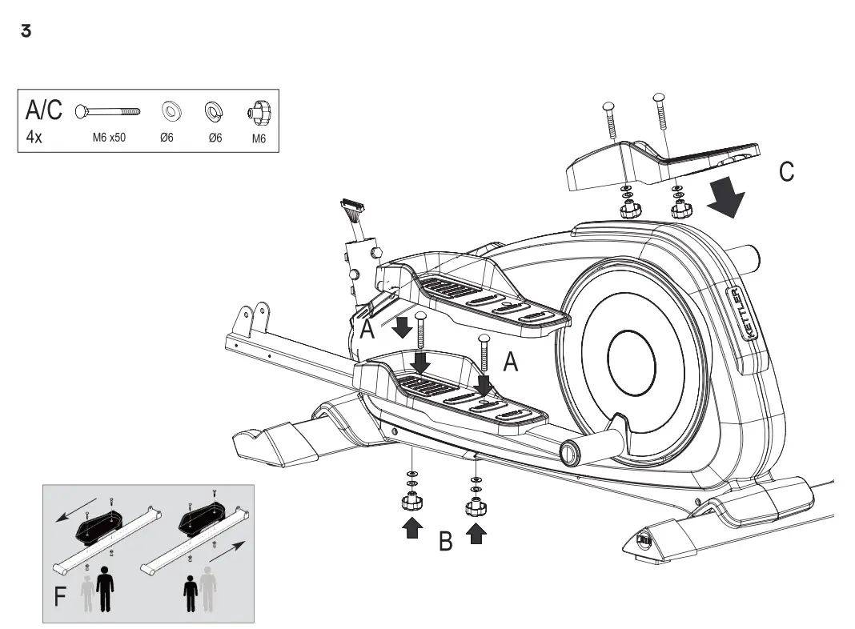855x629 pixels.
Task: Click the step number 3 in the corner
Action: tap(26, 32)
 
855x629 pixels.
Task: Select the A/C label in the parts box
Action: tap(44, 110)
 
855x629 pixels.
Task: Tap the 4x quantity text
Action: tap(34, 137)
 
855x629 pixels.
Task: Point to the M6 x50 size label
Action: tap(109, 138)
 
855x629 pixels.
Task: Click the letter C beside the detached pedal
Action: tap(787, 172)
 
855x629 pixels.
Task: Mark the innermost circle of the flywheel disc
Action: tap(632, 362)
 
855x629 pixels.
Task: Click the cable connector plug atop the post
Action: tap(353, 211)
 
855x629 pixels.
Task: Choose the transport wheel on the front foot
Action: tap(643, 541)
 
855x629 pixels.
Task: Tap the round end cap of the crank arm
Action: tap(569, 453)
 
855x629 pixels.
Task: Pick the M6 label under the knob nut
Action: tap(259, 138)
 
